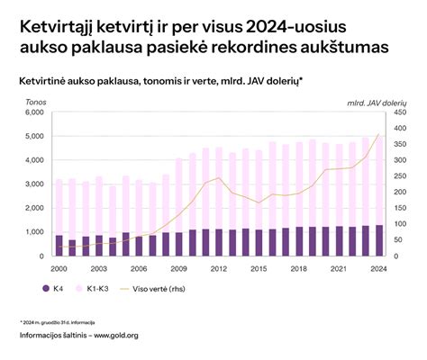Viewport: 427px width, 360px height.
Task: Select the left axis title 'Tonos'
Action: (x=37, y=103)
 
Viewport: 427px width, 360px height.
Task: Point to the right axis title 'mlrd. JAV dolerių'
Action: (x=377, y=103)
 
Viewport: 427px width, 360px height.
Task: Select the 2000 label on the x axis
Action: (x=59, y=268)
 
